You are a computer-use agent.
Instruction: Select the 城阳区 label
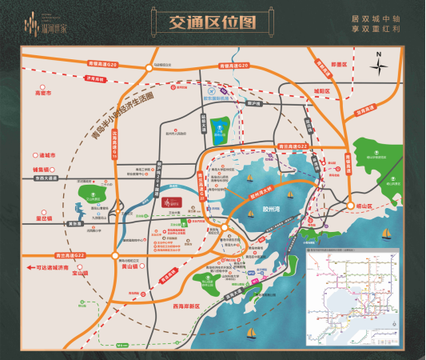(321, 91)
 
